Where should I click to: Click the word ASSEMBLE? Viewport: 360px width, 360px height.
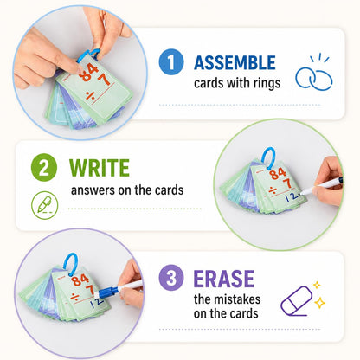pos(235,63)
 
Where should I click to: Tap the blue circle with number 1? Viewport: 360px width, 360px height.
pos(171,62)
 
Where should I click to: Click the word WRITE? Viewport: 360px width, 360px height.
pos(100,168)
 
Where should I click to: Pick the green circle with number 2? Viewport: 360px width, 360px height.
pos(44,167)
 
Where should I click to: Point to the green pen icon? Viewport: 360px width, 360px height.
pos(45,205)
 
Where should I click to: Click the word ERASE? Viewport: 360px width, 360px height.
pos(224,279)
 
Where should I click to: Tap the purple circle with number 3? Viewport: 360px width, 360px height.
pos(171,278)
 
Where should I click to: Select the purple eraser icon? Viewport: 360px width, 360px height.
pos(297,301)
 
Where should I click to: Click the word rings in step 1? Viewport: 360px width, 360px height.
pos(267,83)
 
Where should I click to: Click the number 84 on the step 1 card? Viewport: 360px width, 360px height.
pos(89,72)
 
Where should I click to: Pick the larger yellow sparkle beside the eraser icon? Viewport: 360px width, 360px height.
pos(319,303)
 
